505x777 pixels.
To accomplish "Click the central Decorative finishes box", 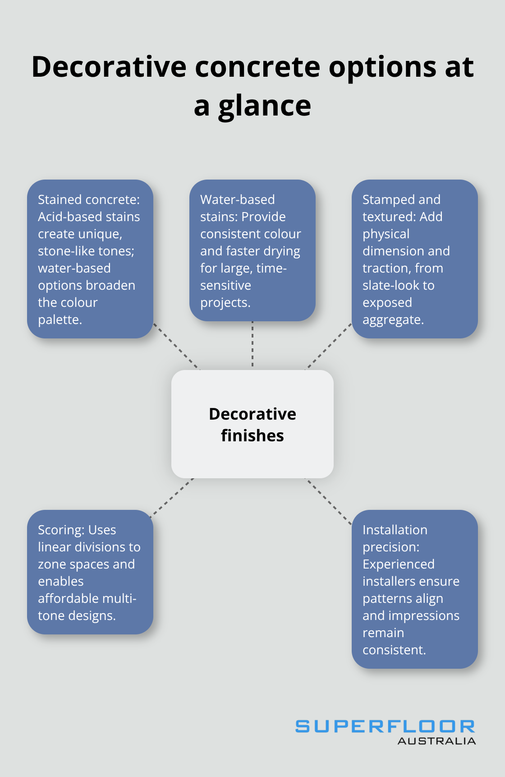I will point(252,424).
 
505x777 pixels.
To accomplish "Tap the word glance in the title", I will point(264,106).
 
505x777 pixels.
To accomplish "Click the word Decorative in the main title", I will point(109,67).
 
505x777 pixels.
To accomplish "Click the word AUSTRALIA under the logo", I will point(436,741).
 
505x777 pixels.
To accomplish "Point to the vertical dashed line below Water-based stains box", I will point(252,344).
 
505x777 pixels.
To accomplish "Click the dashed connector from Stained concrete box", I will point(176,346).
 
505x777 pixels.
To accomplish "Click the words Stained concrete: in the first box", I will point(89,199).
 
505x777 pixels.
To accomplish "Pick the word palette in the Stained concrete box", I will point(60,319).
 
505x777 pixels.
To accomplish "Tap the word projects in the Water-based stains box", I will point(225,302).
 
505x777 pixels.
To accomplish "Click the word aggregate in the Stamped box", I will point(392,319).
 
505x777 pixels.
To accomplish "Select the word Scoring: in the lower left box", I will point(55,530).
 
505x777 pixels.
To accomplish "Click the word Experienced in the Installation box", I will point(399,564).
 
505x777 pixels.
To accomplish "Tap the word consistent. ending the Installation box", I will point(394,650).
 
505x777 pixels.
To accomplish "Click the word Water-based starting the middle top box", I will point(237,199).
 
